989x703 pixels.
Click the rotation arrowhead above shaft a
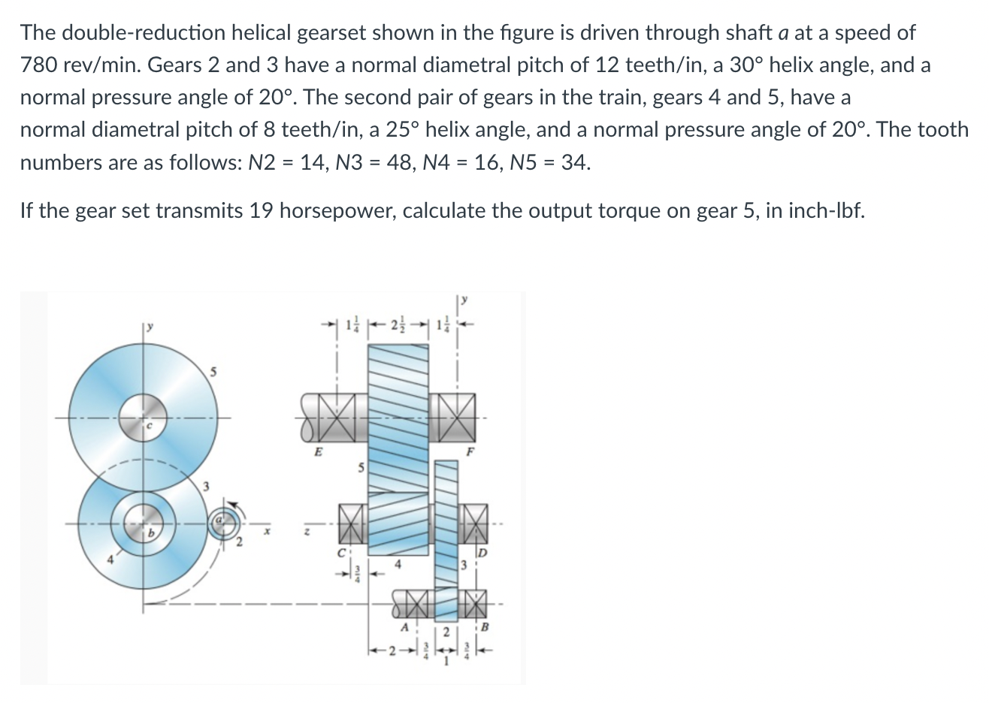tap(231, 503)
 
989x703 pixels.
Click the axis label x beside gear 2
tap(265, 531)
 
